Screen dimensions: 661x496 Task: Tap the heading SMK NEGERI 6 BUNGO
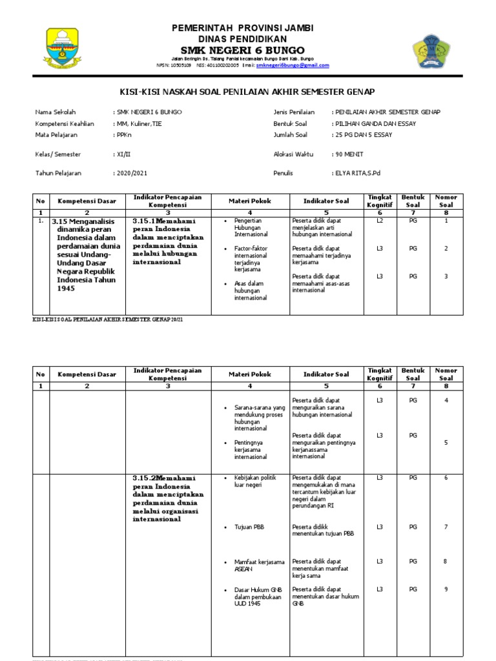click(243, 50)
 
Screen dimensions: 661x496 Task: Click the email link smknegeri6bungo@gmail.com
click(293, 65)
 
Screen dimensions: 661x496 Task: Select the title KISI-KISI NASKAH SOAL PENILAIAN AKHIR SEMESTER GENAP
click(247, 92)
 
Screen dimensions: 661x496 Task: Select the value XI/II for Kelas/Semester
click(121, 154)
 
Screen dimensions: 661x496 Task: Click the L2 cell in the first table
click(380, 221)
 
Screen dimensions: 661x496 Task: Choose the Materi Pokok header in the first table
click(249, 201)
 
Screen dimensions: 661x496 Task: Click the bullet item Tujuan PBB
click(249, 527)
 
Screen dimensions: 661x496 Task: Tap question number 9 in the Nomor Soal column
click(446, 589)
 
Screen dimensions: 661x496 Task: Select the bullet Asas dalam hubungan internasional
click(251, 290)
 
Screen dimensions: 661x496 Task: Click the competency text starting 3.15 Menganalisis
click(85, 254)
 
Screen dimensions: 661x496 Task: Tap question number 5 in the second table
click(446, 442)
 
